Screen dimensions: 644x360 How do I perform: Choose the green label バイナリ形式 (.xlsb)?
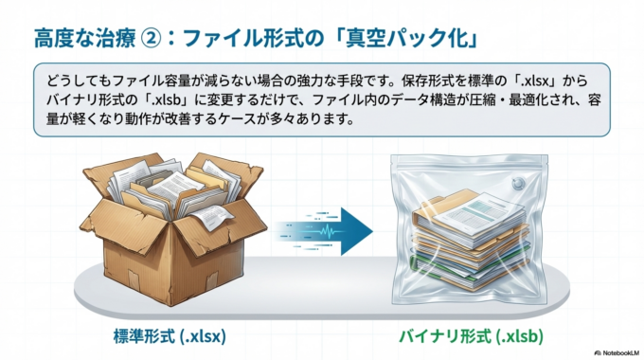pos(469,336)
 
